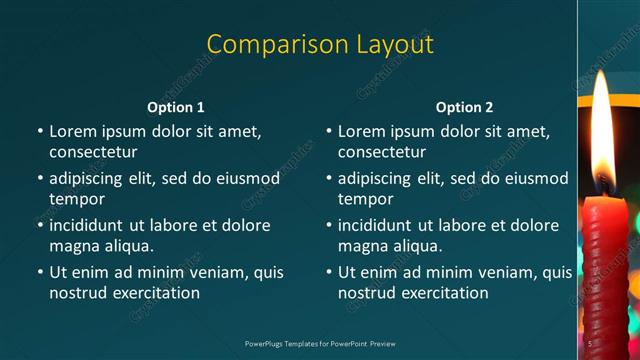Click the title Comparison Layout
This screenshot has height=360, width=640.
tap(320, 45)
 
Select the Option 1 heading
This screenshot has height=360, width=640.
tap(176, 107)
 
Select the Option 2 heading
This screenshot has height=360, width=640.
tap(464, 107)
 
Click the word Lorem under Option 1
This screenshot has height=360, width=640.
tap(73, 131)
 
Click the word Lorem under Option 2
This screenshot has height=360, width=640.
tap(362, 131)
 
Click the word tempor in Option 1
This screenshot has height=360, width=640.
tap(77, 199)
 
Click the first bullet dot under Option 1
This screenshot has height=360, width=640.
tap(40, 132)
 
